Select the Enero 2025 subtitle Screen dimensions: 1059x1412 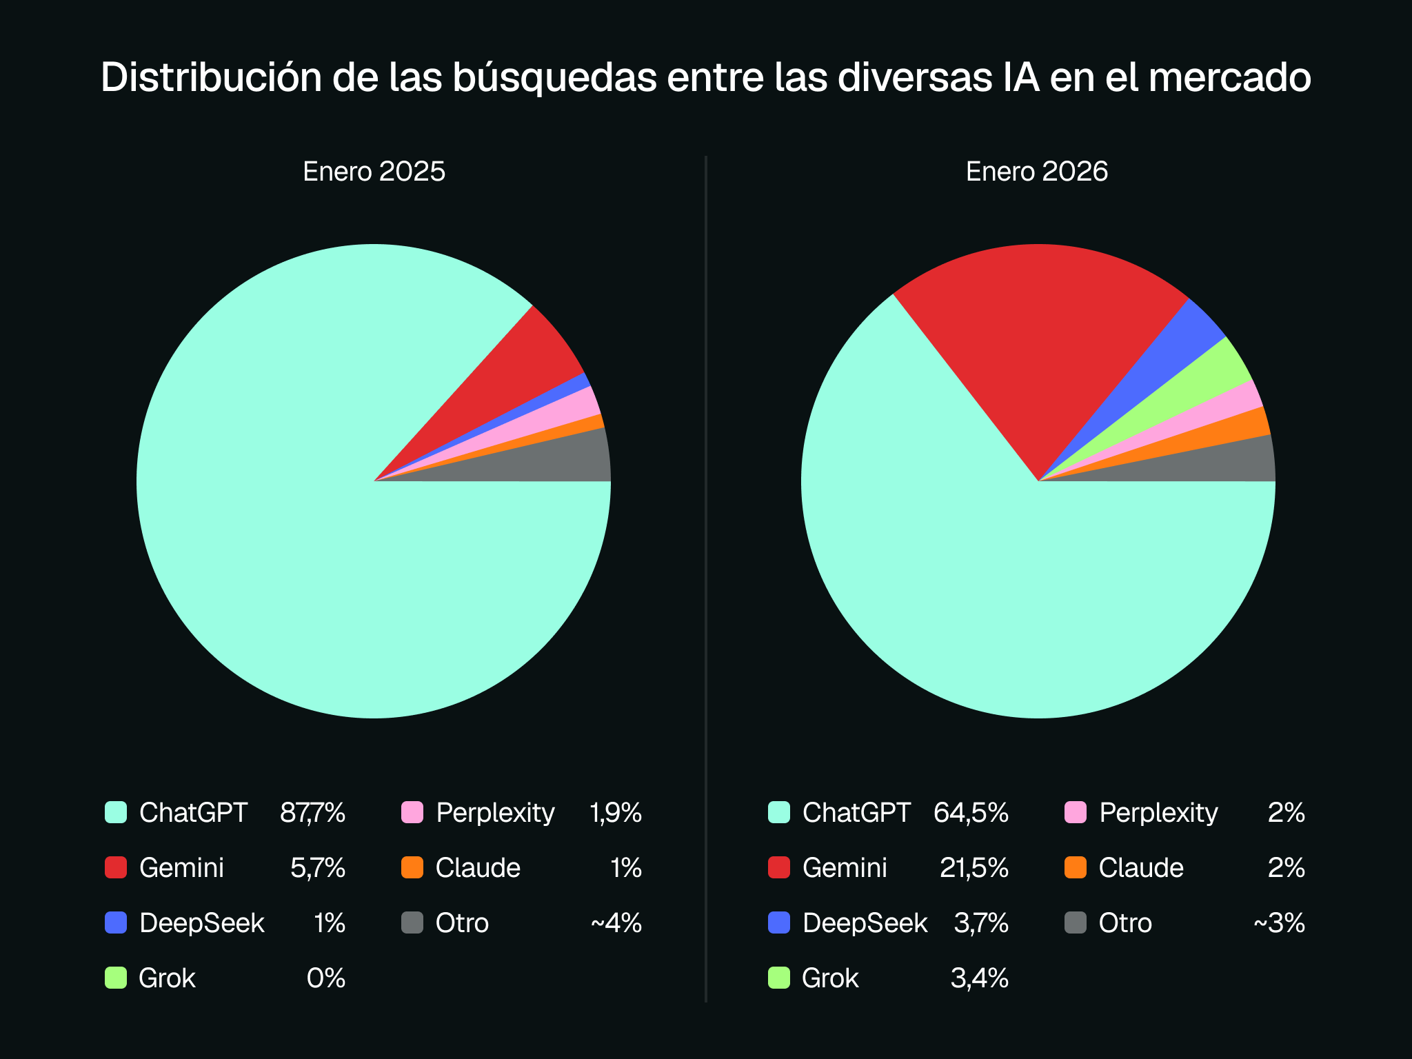pos(374,172)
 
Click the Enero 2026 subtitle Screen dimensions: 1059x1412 pos(1036,172)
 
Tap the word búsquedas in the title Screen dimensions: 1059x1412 pos(554,77)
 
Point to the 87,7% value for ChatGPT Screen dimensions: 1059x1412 pos(312,813)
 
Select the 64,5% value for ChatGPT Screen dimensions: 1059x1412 pos(971,813)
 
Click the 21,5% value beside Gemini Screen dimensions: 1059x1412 pos(974,868)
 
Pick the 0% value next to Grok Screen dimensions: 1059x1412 pos(325,978)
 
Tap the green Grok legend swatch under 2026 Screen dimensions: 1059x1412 pos(779,978)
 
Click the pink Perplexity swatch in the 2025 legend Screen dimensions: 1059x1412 pos(412,812)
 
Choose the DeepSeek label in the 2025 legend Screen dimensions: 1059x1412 pos(201,923)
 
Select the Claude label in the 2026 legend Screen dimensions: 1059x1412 pos(1141,868)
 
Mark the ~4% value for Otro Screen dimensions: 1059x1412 pos(616,923)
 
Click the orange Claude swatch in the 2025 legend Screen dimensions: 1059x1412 pos(412,867)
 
